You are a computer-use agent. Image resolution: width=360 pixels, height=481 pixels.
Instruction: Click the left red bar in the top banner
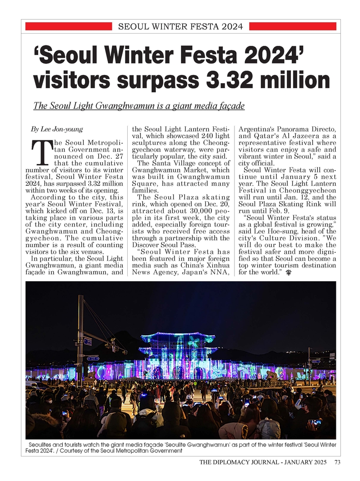(x=69, y=26)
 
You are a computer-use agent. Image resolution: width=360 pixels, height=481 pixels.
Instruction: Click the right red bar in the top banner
(x=292, y=26)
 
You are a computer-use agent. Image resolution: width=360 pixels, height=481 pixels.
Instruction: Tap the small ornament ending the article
(x=289, y=273)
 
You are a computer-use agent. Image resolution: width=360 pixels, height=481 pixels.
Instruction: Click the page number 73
(x=337, y=462)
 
